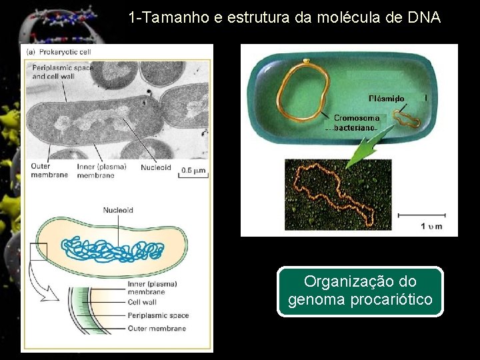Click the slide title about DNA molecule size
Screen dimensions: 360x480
285,17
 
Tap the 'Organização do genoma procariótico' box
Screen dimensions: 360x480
360,291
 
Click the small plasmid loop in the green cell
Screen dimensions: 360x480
405,119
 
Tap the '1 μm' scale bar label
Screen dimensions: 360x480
431,227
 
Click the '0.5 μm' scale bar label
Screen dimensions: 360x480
194,170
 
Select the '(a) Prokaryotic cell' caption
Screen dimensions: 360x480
58,51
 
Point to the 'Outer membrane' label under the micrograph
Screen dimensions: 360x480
49,171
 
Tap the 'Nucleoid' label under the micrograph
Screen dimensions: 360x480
155,167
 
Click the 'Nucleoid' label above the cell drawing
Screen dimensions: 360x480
118,210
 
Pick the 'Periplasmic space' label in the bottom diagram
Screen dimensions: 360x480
158,315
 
